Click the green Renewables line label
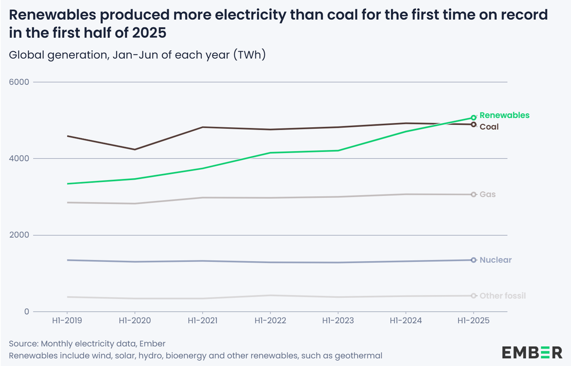504,115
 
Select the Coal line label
489,127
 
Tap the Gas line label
488,194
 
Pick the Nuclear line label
496,260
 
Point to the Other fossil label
502,296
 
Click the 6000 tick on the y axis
19,82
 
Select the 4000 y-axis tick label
19,158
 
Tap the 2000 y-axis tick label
19,235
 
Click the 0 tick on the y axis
27,312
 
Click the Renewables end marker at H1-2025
473,117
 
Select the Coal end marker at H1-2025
473,124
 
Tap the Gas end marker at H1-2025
473,194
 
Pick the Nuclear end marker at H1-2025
473,260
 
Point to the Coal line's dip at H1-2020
135,150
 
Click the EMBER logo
532,352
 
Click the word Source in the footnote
23,344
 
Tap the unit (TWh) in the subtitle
249,55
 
